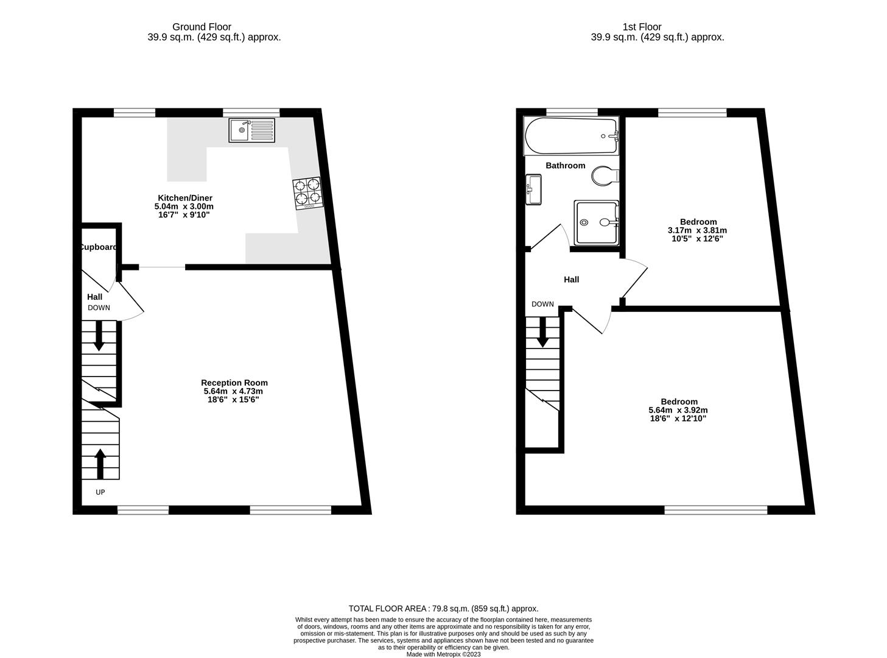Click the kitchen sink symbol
(x=251, y=130)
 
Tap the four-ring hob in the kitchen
(x=307, y=193)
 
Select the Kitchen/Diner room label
(x=184, y=198)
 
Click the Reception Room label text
(x=234, y=383)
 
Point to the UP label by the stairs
(x=100, y=492)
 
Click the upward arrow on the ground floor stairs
(x=100, y=464)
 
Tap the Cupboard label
(x=99, y=247)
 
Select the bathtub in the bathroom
(x=571, y=136)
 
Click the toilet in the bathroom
(x=605, y=175)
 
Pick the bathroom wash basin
(x=533, y=189)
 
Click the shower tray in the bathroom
(x=596, y=222)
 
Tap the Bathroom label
(x=565, y=165)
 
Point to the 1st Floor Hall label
(x=571, y=280)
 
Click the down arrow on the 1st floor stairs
(x=542, y=332)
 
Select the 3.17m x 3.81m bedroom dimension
(x=697, y=230)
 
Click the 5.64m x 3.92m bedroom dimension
(x=678, y=410)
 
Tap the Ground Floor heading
(x=202, y=27)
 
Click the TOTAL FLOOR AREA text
(x=387, y=609)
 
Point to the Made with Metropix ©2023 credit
(x=443, y=654)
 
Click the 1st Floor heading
(x=642, y=27)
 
